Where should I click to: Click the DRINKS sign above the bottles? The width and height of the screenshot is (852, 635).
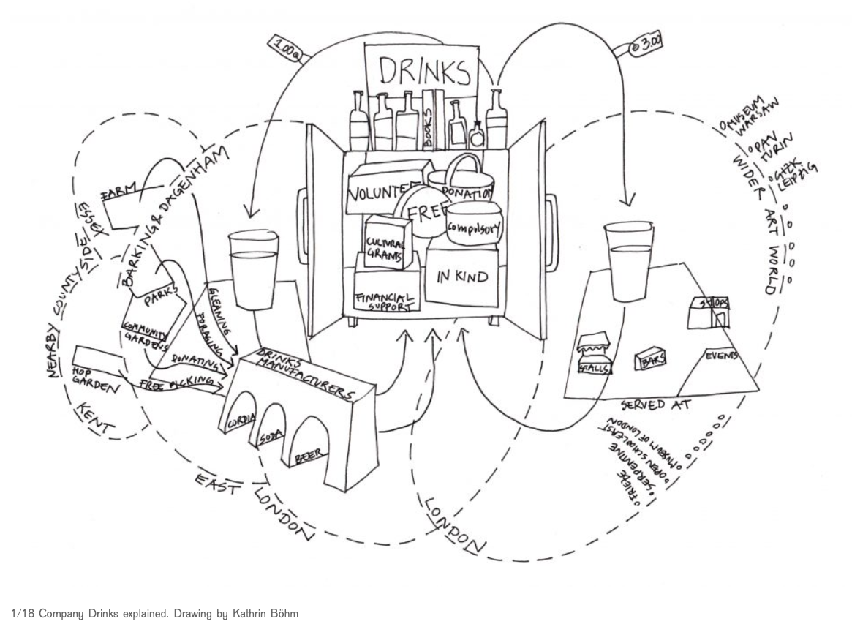pyautogui.click(x=423, y=72)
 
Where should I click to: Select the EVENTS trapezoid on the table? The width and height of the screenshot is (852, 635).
pyautogui.click(x=718, y=369)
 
